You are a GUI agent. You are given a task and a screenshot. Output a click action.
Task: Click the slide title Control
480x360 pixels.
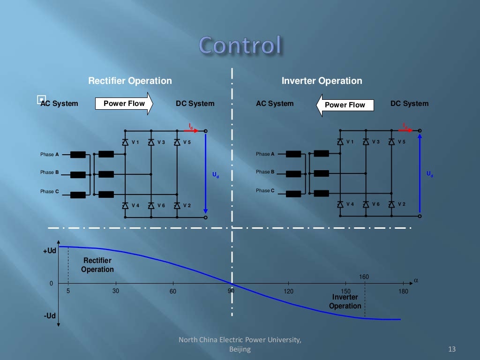tap(240, 45)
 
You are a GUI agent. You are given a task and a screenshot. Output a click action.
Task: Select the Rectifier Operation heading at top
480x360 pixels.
tap(130, 81)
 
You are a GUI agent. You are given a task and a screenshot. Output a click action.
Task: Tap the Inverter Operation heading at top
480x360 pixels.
tap(322, 81)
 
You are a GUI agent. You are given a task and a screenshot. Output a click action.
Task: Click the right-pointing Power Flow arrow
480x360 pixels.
tap(124, 104)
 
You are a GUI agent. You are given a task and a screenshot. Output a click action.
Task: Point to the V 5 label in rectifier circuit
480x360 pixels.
tap(187, 142)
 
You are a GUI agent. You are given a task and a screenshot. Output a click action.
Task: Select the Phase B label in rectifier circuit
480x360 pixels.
tap(50, 172)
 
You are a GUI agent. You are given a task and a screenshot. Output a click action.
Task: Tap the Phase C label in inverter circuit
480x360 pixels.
tap(265, 190)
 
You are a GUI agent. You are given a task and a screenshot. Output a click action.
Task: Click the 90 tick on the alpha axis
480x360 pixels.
tap(231, 291)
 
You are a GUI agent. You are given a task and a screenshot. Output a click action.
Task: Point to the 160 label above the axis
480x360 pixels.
tap(364, 277)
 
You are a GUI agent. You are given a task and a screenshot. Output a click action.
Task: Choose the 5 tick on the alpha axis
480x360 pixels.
tap(68, 291)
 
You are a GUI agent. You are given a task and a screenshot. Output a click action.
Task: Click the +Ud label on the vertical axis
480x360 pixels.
tap(50, 251)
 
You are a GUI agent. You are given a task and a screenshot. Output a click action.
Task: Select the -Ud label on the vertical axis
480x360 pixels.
tap(50, 316)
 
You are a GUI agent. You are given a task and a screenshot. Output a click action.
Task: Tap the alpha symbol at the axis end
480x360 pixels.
tap(415, 281)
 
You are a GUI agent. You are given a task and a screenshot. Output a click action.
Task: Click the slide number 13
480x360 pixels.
tap(452, 349)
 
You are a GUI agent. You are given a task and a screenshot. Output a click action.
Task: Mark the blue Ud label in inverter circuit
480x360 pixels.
tap(430, 174)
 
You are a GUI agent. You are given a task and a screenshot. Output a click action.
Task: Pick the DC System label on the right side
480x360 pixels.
tap(409, 104)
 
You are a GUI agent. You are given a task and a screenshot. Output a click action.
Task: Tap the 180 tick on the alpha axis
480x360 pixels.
tap(403, 291)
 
